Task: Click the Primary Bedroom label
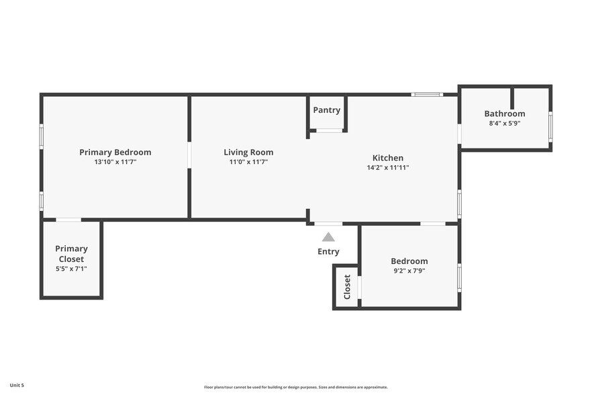pos(115,152)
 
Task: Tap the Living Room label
pos(248,152)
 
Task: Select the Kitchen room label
pos(388,158)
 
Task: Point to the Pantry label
pos(327,110)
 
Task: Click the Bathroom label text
pos(505,114)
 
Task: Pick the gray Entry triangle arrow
pos(328,237)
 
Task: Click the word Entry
pos(328,252)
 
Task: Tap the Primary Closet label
pos(71,254)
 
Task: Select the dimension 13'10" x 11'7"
pos(115,162)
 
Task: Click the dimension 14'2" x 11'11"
pos(388,167)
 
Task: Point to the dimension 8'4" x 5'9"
pos(505,123)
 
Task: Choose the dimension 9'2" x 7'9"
pos(409,271)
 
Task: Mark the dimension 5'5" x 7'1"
pos(71,269)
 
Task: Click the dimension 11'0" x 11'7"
pos(248,162)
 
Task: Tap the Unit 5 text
pos(17,385)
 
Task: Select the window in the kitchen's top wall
pos(427,94)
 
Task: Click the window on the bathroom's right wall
pos(550,126)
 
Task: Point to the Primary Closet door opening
pos(68,220)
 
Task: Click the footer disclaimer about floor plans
pos(296,387)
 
